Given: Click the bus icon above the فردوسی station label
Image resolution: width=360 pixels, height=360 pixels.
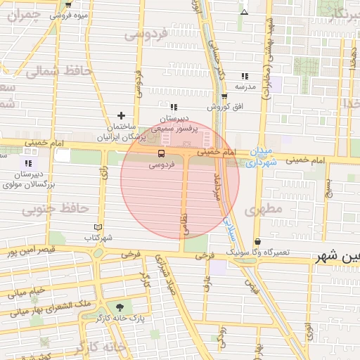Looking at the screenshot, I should [x=162, y=153].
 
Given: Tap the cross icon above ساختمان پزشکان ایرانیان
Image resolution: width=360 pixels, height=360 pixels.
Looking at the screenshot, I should [x=122, y=115].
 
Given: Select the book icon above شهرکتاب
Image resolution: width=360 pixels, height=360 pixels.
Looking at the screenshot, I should [x=97, y=227].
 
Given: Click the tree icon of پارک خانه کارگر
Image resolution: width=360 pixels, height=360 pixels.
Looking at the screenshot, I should [x=119, y=307].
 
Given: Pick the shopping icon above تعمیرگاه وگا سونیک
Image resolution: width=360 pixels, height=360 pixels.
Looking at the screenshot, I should [x=257, y=241].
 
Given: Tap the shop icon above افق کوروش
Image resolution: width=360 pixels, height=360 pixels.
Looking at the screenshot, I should [x=224, y=97].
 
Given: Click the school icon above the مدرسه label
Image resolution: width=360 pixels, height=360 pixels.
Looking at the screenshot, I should [x=245, y=76].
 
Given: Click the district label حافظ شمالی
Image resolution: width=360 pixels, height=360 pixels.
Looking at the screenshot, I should [x=52, y=71].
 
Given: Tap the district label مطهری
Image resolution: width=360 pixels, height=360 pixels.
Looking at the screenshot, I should [x=262, y=210].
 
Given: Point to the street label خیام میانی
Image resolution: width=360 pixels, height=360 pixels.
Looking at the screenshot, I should [x=26, y=290].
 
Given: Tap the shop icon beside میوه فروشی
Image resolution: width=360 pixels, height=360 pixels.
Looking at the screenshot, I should [x=67, y=4].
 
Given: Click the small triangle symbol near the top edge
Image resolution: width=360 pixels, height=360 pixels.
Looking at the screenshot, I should [x=244, y=12].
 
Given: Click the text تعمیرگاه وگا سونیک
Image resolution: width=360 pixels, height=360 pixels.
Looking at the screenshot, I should [x=257, y=251].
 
